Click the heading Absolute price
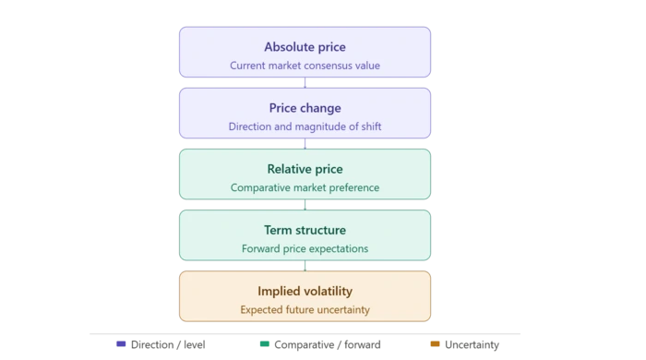[x=305, y=47]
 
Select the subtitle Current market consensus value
[x=305, y=66]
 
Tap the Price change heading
[x=305, y=108]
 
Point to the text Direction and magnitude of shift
[x=305, y=126]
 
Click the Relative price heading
[x=305, y=169]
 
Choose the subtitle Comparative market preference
[x=305, y=187]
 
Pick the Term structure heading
[x=305, y=230]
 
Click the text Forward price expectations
[x=305, y=249]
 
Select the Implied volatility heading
[x=305, y=291]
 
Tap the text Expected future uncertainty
[x=305, y=310]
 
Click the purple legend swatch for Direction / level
[x=121, y=344]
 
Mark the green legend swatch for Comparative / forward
[x=265, y=344]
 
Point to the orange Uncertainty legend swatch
[x=435, y=344]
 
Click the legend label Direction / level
[x=168, y=344]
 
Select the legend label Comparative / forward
[x=328, y=344]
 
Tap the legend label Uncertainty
[x=473, y=344]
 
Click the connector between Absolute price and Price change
[x=305, y=82]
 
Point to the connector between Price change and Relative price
[x=305, y=144]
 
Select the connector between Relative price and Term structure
[x=305, y=205]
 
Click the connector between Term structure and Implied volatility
[x=305, y=266]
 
